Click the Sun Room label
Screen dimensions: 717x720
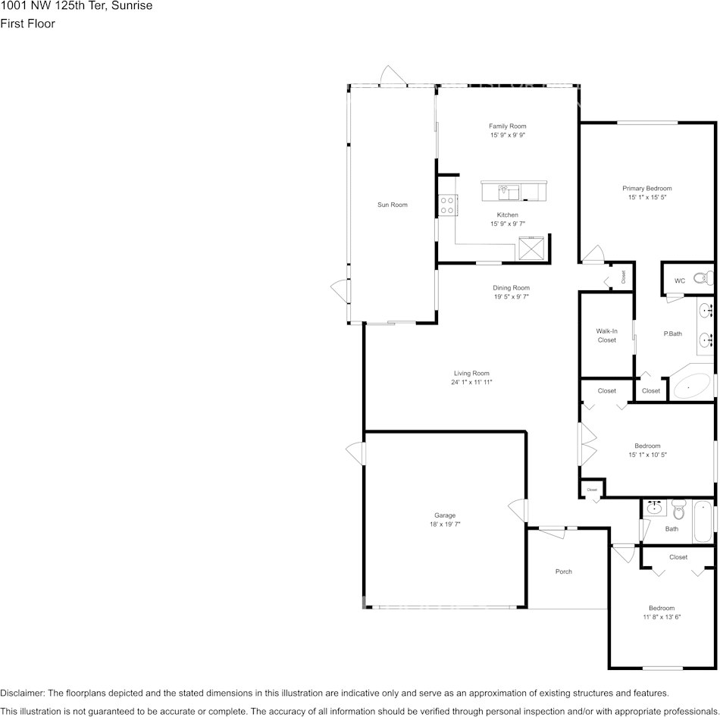(x=393, y=205)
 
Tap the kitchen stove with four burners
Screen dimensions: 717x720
(x=447, y=205)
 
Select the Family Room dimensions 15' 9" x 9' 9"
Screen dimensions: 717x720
(x=507, y=135)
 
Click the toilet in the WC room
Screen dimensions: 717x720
(x=703, y=278)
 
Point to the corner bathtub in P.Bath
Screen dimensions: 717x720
(x=691, y=386)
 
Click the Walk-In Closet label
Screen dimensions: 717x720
(x=606, y=336)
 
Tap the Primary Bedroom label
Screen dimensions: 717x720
(x=646, y=189)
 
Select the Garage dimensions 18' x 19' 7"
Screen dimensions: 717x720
(x=445, y=524)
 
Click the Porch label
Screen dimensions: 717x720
(x=563, y=571)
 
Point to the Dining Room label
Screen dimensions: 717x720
(x=511, y=288)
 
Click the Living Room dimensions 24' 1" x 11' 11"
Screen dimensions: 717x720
(x=471, y=382)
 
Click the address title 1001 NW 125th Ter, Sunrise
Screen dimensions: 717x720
(x=76, y=6)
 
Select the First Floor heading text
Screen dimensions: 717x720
(x=27, y=23)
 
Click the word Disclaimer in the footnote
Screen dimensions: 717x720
(x=22, y=693)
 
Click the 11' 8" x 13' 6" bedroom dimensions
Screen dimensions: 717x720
(x=661, y=617)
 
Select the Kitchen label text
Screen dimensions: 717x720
(x=507, y=215)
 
